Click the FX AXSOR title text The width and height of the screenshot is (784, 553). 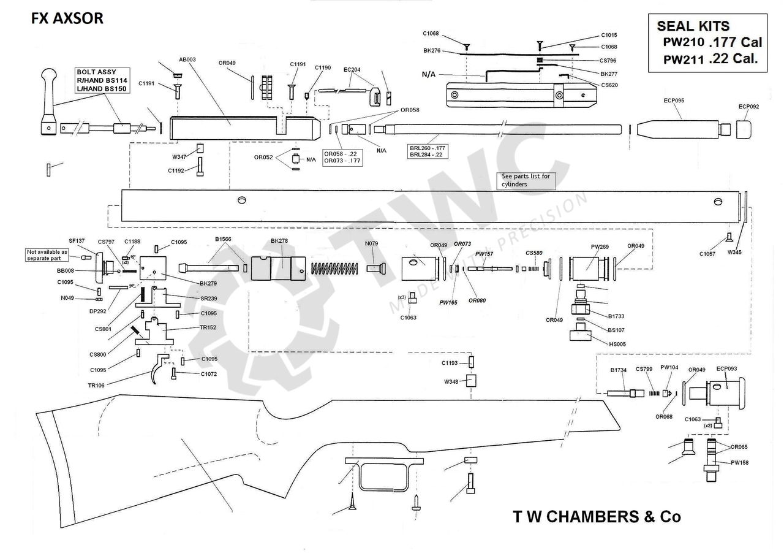pyautogui.click(x=67, y=18)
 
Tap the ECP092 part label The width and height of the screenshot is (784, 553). pyautogui.click(x=748, y=107)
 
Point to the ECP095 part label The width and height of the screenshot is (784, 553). pyautogui.click(x=674, y=100)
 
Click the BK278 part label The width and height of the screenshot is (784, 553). pyautogui.click(x=279, y=241)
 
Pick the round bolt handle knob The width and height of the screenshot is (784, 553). pyautogui.click(x=48, y=76)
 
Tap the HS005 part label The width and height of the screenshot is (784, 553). pyautogui.click(x=617, y=344)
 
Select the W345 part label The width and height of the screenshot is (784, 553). pyautogui.click(x=735, y=252)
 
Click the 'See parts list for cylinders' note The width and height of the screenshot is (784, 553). pyautogui.click(x=526, y=180)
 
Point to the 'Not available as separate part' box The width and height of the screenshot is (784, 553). pyautogui.click(x=47, y=255)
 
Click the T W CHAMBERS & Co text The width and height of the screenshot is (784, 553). pyautogui.click(x=597, y=517)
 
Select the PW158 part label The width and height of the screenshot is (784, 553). pyautogui.click(x=739, y=462)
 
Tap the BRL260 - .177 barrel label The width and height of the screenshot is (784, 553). pyautogui.click(x=428, y=148)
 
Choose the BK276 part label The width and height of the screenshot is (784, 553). pyautogui.click(x=432, y=51)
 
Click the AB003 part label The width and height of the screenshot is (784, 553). pyautogui.click(x=187, y=59)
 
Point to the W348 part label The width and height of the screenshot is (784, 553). pyautogui.click(x=451, y=382)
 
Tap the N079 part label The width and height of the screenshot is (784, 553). pyautogui.click(x=372, y=243)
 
